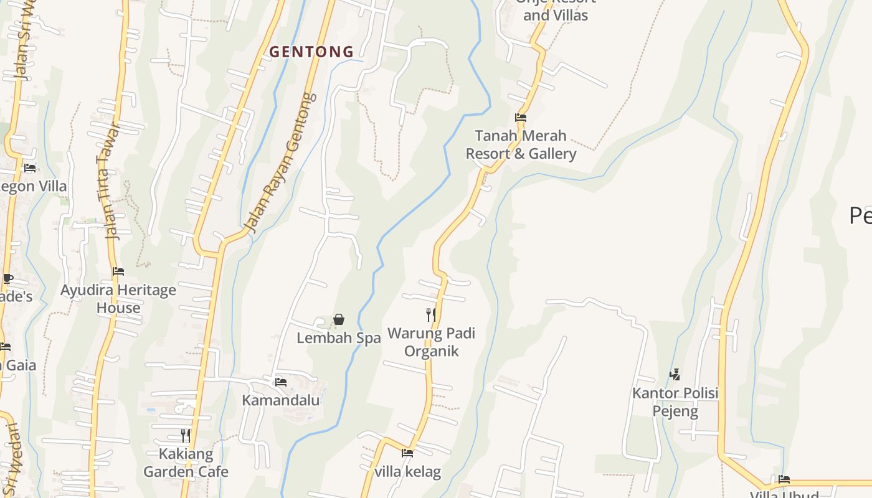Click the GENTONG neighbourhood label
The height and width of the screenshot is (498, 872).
[x=311, y=52]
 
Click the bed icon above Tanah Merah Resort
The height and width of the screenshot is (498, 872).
[x=521, y=117]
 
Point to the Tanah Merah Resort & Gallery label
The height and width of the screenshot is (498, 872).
[x=521, y=144]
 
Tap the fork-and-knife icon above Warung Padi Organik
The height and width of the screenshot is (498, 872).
[x=430, y=314]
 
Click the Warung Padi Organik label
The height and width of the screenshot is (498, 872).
[x=431, y=342]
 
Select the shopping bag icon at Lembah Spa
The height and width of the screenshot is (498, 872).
[x=339, y=319]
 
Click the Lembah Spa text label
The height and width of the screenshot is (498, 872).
[x=338, y=338]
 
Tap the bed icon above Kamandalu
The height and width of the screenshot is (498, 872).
[x=281, y=382]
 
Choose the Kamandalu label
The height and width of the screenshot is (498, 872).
[x=281, y=400]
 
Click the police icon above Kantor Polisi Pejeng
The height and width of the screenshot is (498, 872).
[x=675, y=374]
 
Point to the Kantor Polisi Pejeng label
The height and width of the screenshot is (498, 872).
[x=675, y=402]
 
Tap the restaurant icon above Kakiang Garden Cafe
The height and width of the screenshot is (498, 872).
[x=186, y=435]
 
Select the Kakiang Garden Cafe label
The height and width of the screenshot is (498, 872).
[x=186, y=463]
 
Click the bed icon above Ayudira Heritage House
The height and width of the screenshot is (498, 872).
[x=118, y=271]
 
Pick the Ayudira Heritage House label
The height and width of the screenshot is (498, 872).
[x=118, y=299]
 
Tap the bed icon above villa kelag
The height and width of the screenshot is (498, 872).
[x=407, y=453]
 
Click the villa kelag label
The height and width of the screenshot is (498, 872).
[x=408, y=471]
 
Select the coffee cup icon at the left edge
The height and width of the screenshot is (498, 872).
[x=7, y=278]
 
